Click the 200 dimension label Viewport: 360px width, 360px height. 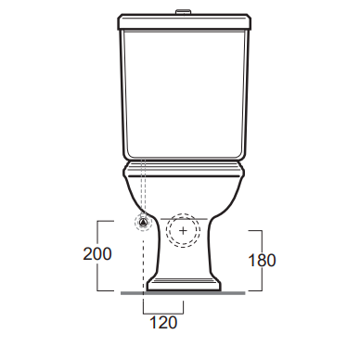pos(97,254)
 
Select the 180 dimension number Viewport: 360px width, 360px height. pos(262,261)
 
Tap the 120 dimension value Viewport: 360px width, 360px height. pos(163,323)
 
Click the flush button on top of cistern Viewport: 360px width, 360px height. pos(183,12)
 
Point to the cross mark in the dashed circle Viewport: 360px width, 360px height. pos(183,231)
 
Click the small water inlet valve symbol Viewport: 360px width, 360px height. pos(143,222)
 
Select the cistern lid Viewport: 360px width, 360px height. pos(184,21)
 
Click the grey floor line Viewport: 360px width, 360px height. pos(183,293)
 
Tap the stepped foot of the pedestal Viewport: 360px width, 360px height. pos(184,285)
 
